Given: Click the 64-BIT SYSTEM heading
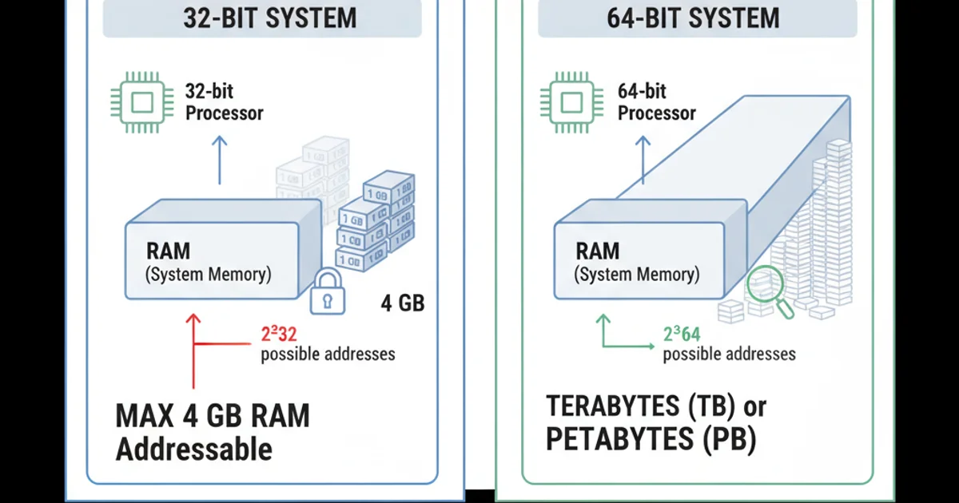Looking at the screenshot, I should (693, 18).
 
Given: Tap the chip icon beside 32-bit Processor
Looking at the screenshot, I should (142, 102).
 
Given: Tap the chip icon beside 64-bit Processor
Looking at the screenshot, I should (572, 102).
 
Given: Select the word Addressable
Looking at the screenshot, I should (194, 449).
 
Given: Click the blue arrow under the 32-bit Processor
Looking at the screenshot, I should (220, 160).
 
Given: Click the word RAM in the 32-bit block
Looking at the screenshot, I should (169, 251).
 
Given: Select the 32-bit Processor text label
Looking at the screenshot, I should (224, 102).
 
